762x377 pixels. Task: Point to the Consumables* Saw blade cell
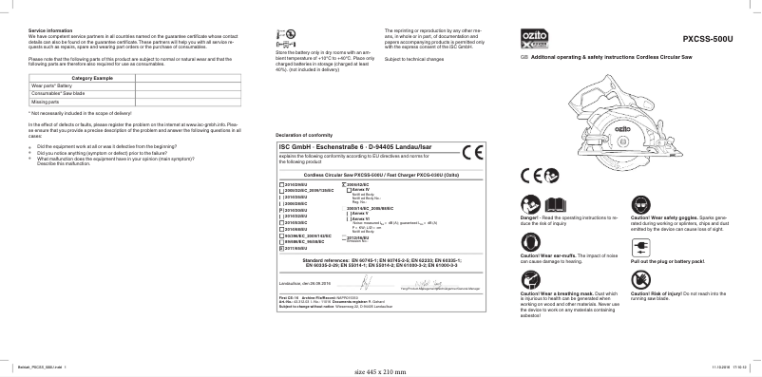coord(61,94)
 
